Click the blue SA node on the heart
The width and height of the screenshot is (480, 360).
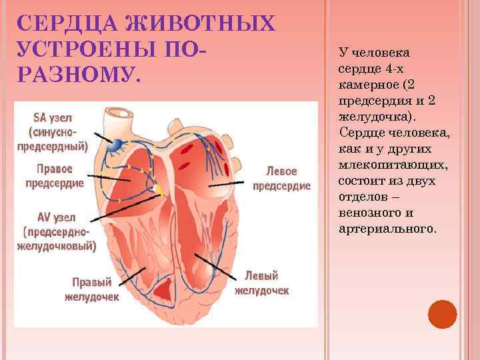tap(117, 143)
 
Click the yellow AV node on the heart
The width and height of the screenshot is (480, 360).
tap(159, 190)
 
